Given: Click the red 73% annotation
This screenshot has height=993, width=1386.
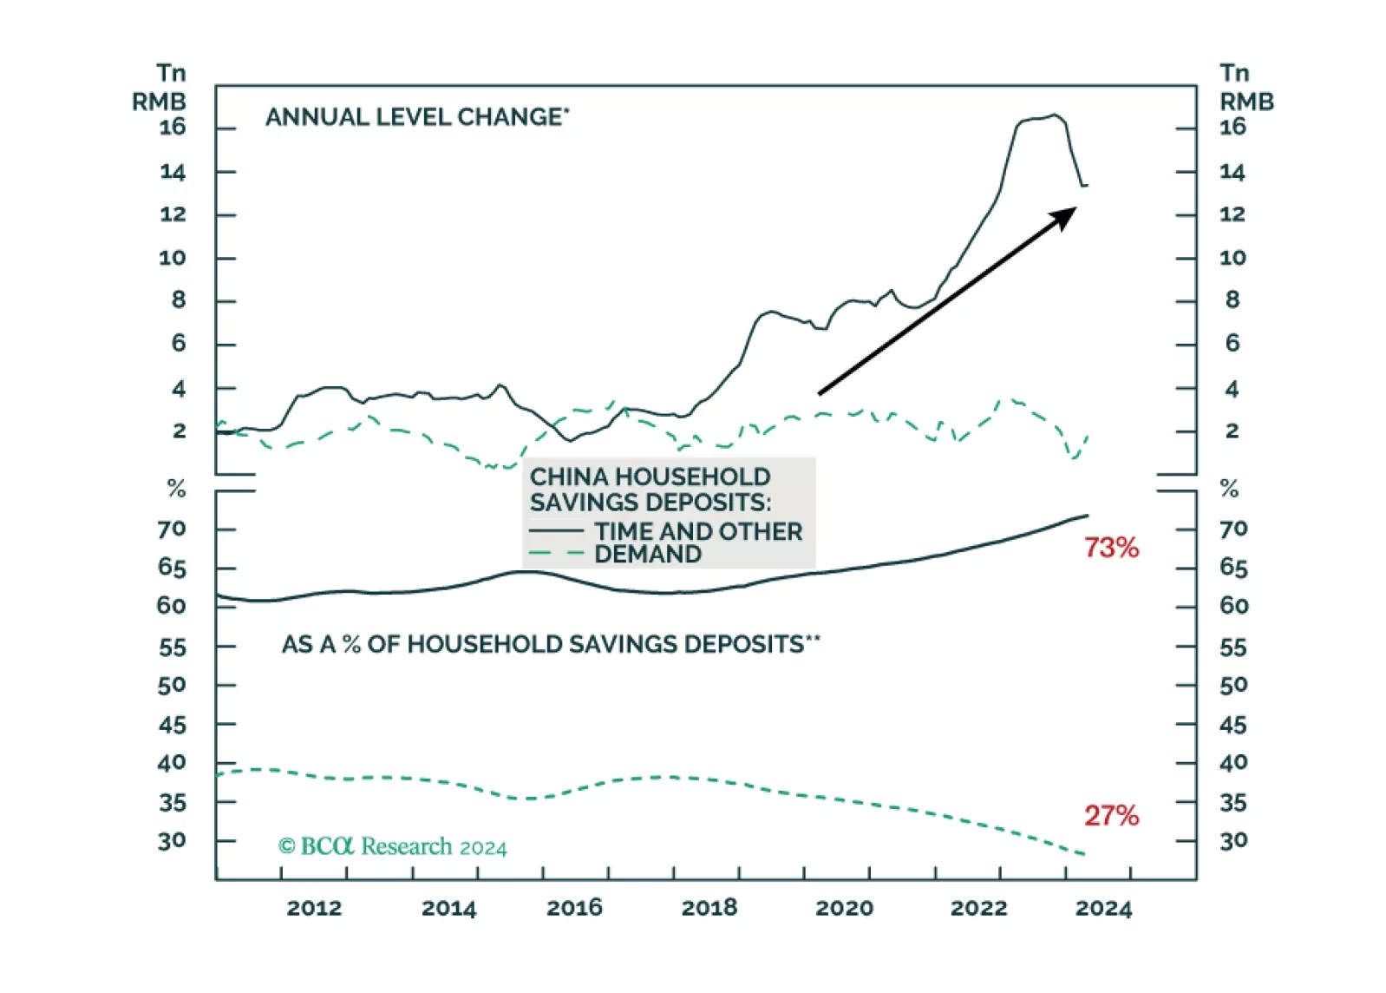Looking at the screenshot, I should [1111, 548].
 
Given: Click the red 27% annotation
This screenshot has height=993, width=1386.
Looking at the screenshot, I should [1111, 815].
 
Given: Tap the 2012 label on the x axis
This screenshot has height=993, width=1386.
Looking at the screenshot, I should [314, 908].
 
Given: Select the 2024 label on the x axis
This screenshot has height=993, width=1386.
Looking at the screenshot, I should [1103, 908].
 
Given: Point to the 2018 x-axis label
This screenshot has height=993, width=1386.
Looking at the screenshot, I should [709, 908].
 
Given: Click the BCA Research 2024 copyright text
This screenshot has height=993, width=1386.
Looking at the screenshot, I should [392, 846].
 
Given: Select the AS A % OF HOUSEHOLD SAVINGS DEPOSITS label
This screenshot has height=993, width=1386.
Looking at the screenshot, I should [551, 644].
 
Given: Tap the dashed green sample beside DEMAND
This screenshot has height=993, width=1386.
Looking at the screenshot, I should [556, 553].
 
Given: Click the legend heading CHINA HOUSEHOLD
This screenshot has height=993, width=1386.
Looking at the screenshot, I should [650, 477].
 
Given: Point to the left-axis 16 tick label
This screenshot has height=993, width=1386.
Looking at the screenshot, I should [173, 128].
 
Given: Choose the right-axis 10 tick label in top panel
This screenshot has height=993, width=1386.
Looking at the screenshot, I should [1232, 258].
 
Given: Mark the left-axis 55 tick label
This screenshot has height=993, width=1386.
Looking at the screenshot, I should [172, 648].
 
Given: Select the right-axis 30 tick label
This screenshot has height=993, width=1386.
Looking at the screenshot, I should [1232, 840].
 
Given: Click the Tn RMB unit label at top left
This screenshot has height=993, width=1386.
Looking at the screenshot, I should [160, 87].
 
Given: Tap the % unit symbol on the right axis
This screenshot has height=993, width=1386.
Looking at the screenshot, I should [1229, 489].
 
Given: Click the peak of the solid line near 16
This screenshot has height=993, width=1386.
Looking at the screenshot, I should [1054, 115].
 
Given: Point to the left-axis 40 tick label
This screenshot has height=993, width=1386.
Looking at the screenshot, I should [172, 763].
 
